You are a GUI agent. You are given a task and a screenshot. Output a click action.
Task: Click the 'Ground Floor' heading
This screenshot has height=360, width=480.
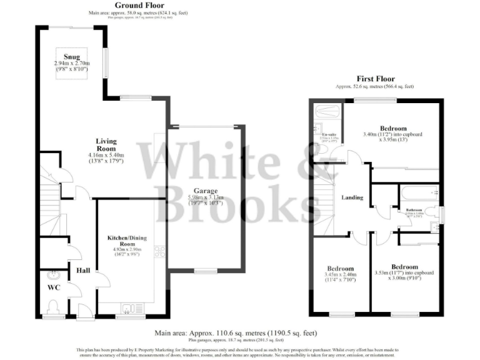click(138, 5)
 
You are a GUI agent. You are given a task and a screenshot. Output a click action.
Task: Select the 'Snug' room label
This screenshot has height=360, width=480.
click(72, 57)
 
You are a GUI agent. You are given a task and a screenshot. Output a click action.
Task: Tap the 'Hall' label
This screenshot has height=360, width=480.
click(82, 271)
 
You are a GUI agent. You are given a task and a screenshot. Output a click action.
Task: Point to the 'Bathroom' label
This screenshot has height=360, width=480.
click(414, 209)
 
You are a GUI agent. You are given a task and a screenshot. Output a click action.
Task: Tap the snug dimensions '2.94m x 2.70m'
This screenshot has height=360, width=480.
click(72, 64)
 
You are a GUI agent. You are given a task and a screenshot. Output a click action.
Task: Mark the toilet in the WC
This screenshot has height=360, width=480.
click(52, 306)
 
